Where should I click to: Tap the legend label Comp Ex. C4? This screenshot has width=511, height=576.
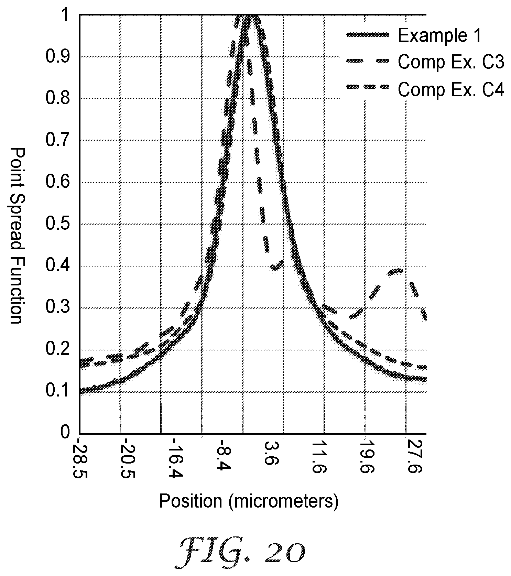point(451,90)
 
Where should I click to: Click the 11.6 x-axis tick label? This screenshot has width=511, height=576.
point(323,458)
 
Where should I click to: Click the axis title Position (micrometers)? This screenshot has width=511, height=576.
point(249,501)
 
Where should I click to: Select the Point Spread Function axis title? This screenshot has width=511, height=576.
point(16,236)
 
